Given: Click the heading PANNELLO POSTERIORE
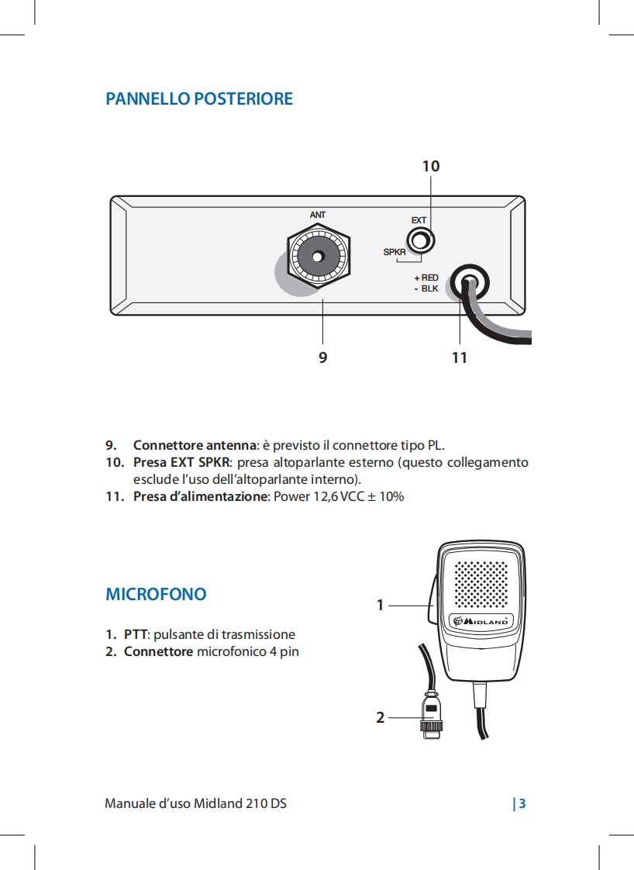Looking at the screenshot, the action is (199, 99).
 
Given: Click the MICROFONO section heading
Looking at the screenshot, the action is (156, 595).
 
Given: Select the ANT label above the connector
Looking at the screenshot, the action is (318, 214).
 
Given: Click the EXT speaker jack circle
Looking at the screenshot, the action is (420, 241).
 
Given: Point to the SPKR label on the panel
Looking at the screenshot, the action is (395, 253).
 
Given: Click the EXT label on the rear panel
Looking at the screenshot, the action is (419, 221).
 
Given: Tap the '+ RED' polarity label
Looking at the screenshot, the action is (426, 278).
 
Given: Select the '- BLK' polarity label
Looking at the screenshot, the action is (426, 288).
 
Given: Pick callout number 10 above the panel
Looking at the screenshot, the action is (431, 166).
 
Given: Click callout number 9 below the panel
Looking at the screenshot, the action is (322, 357).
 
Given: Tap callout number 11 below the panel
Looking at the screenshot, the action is (460, 357).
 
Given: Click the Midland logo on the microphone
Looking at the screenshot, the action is (481, 620).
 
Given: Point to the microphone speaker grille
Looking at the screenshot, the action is (481, 584).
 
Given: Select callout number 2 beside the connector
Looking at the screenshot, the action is (380, 718).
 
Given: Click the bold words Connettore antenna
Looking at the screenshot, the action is (195, 445).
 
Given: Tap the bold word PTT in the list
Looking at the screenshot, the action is (136, 634).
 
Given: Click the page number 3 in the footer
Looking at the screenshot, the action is (522, 803).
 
